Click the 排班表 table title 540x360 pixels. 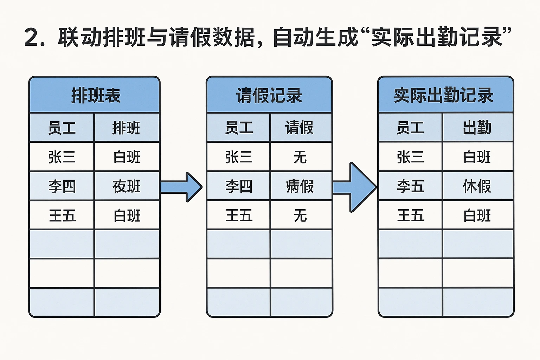pos(96,96)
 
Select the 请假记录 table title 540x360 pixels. pos(269,96)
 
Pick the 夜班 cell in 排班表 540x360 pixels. pos(127,186)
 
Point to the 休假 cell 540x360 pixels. pos(477,186)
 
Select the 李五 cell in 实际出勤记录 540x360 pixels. pos(410,186)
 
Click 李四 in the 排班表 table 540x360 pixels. pos(62,186)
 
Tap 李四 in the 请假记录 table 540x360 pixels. pos(239,186)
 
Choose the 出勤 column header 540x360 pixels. pos(477,128)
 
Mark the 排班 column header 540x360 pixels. pos(126,128)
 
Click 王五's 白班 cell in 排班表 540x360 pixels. pos(127,216)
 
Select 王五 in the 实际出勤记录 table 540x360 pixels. pos(410,216)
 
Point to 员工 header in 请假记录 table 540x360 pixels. pos(239,128)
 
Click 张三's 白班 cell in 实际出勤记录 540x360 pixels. pos(477,157)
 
